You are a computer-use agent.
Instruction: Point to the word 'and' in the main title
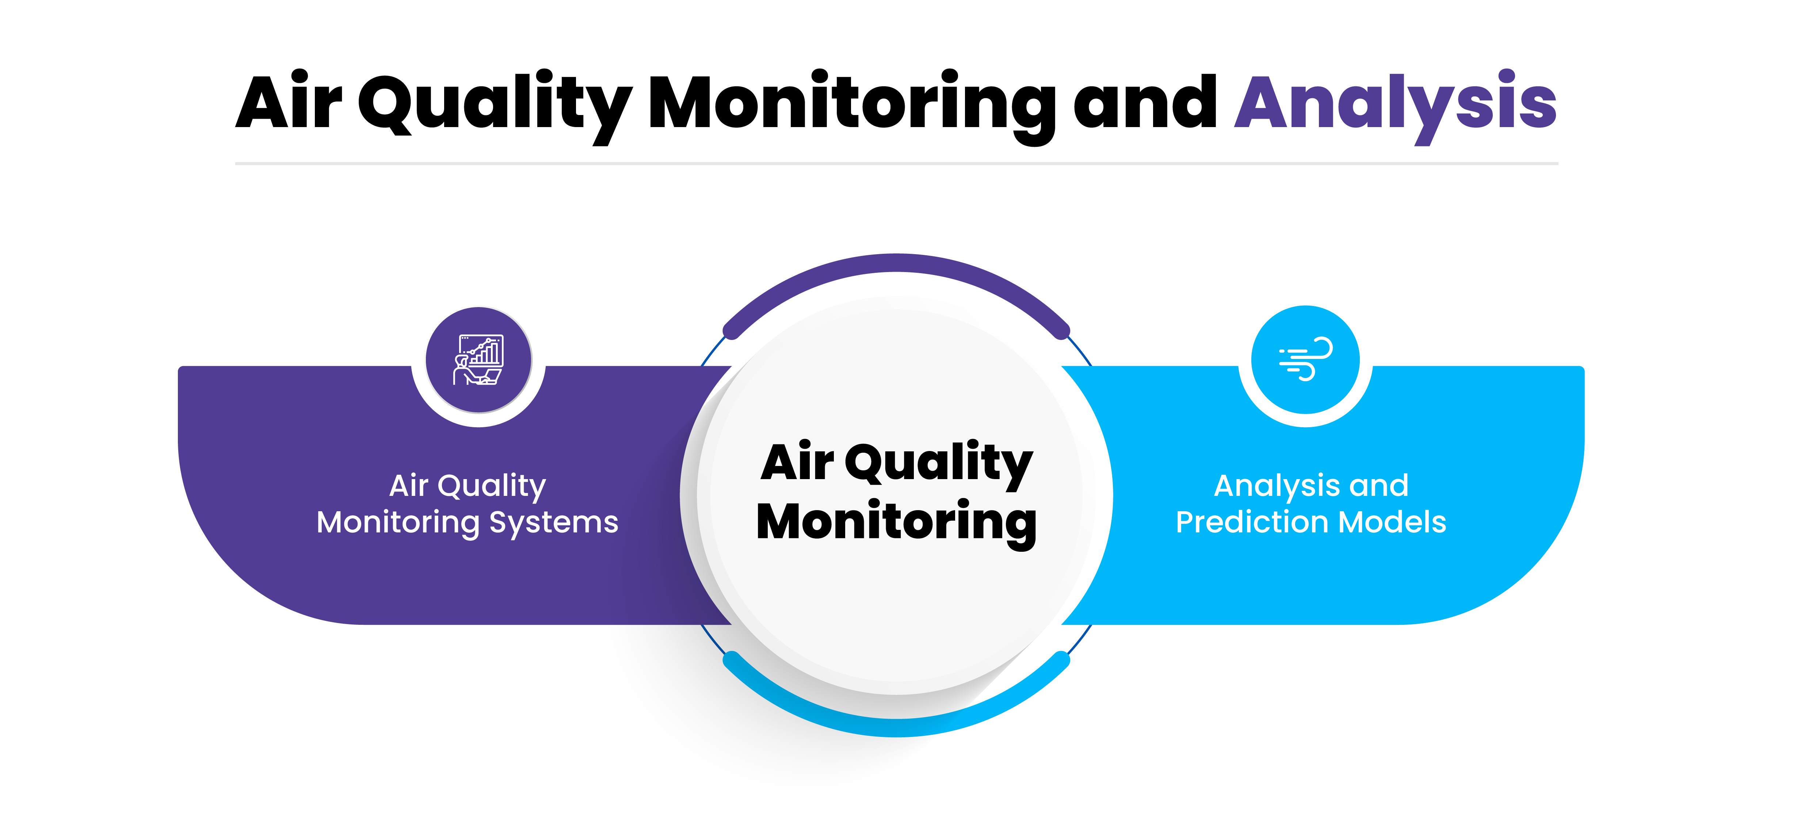[1145, 101]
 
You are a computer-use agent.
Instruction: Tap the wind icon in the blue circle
[1306, 359]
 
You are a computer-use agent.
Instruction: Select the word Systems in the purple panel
[554, 523]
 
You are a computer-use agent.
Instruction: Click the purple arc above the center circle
[896, 263]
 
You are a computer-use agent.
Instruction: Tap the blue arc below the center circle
[896, 727]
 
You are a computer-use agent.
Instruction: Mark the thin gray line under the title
[896, 164]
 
